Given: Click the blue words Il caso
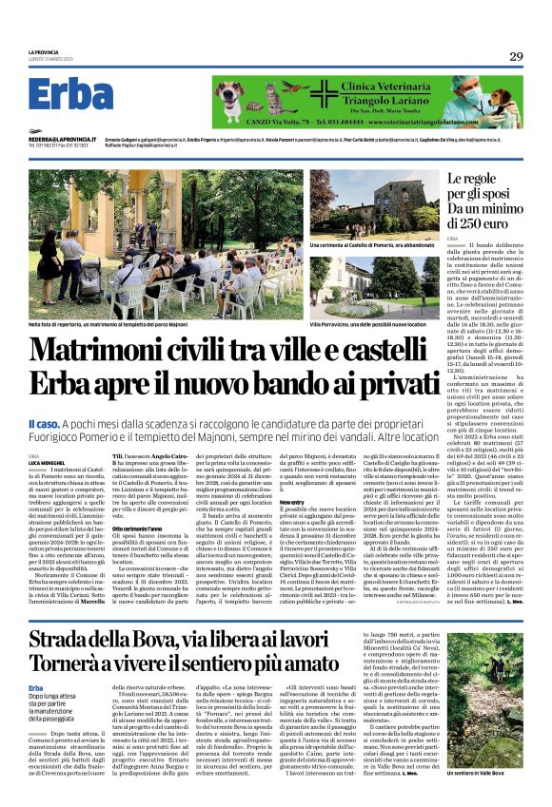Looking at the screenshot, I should (x=45, y=422).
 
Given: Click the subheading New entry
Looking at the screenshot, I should (x=291, y=502).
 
